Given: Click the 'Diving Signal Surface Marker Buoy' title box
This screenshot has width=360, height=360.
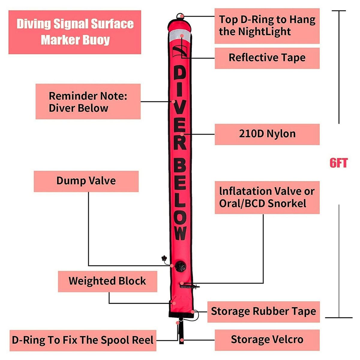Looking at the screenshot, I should [x=75, y=32].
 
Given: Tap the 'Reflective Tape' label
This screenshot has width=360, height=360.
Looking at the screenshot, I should [x=267, y=58].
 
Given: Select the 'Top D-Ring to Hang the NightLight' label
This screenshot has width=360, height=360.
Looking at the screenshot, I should [x=267, y=26].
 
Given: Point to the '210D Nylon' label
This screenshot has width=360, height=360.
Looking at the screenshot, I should [x=267, y=134].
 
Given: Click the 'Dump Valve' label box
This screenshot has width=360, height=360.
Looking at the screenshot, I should [x=86, y=181].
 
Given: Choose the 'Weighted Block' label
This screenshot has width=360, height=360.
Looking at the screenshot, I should [x=107, y=281].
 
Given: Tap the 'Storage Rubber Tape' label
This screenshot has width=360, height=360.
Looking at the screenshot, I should [x=263, y=311].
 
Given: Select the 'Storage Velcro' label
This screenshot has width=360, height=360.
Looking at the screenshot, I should [x=267, y=340].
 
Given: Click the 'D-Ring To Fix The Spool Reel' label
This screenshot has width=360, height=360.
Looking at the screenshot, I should [x=83, y=340].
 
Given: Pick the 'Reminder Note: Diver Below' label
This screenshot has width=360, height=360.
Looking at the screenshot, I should [x=88, y=102].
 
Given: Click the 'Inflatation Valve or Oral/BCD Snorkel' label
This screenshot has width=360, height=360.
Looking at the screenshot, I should [x=267, y=197].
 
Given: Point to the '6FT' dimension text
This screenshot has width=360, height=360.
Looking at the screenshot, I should [x=338, y=163].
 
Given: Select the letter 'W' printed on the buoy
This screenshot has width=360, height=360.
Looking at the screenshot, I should [x=180, y=233].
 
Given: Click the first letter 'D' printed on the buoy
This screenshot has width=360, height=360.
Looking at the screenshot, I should [x=180, y=74].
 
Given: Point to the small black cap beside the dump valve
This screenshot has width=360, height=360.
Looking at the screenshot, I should [x=164, y=258].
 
